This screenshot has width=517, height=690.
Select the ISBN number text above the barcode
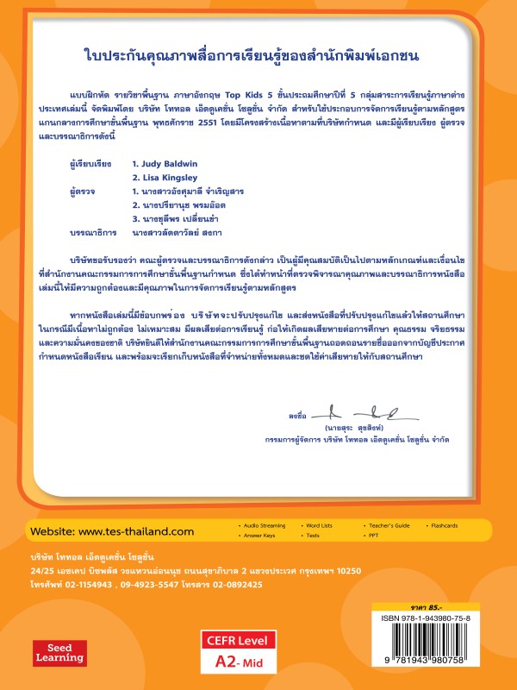click(436, 619)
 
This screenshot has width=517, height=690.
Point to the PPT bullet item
click(372, 536)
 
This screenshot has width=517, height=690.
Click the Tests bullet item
click(312, 536)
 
